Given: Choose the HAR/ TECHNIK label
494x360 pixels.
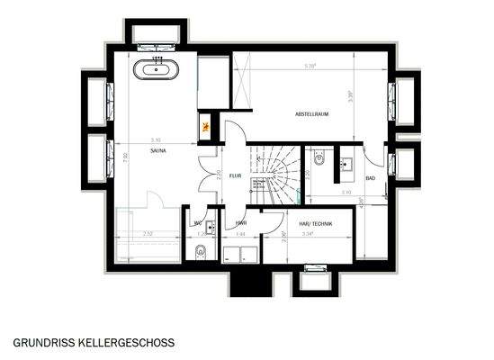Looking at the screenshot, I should coord(316,224).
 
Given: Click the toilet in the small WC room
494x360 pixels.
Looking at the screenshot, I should coord(201,250).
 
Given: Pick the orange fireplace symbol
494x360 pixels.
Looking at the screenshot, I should coord(206,126).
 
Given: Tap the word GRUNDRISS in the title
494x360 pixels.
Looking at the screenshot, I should coord(43,343).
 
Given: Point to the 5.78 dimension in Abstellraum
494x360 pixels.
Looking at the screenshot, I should coord(311,65).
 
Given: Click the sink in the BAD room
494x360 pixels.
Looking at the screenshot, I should coord(347,163).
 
